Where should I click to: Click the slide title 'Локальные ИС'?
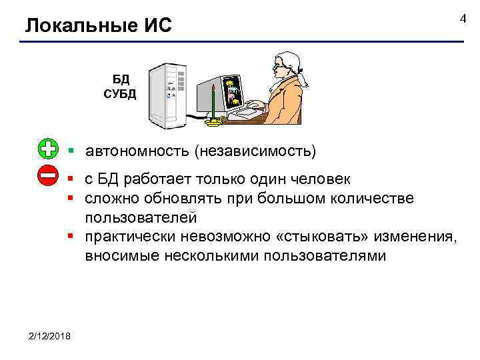[98, 26]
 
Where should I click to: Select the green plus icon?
[48, 149]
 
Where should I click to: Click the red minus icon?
[48, 177]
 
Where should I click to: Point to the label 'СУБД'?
[119, 93]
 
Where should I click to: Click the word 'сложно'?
[111, 199]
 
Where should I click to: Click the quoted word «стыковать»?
[317, 237]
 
